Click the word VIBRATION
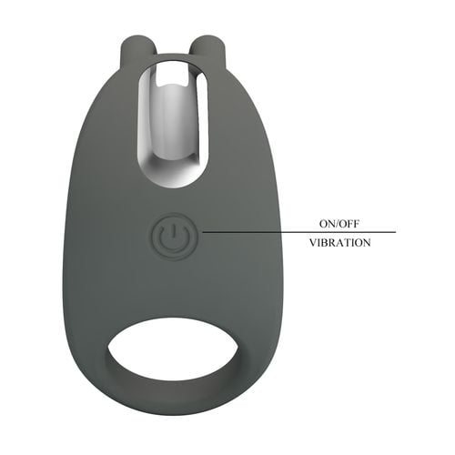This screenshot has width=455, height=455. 339,244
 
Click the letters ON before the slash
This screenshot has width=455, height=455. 320,221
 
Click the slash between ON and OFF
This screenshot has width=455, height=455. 335,221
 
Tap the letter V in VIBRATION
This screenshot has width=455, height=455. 312,244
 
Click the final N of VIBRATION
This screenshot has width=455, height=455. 366,244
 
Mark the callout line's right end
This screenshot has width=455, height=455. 395,232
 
